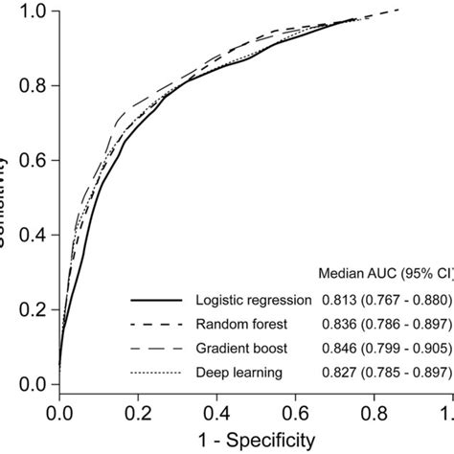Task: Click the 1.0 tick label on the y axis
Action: click(34, 12)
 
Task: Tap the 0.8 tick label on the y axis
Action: click(34, 87)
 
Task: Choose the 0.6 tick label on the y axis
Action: click(34, 162)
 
